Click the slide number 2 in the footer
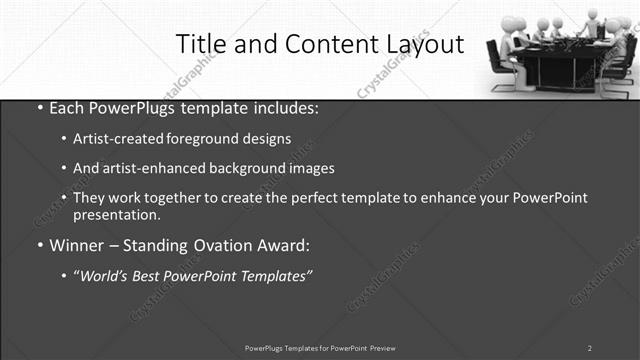coord(590,348)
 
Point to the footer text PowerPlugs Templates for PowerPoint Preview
coord(320,348)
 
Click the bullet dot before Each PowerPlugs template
coord(38,108)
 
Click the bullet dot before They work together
coord(64,198)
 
